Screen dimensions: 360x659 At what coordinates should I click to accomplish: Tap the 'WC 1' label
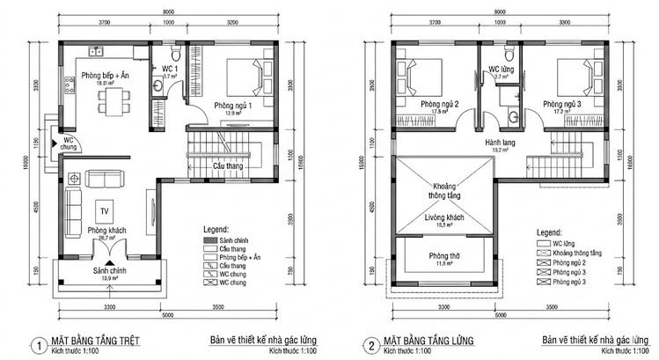pos(171,69)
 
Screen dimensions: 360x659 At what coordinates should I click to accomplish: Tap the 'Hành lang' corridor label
pos(499,142)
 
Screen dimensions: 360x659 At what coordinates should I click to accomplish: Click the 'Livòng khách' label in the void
pos(444,217)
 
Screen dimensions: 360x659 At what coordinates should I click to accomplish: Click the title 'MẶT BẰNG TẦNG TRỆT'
pos(96,339)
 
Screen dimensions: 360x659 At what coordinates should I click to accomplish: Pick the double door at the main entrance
pos(106,253)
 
